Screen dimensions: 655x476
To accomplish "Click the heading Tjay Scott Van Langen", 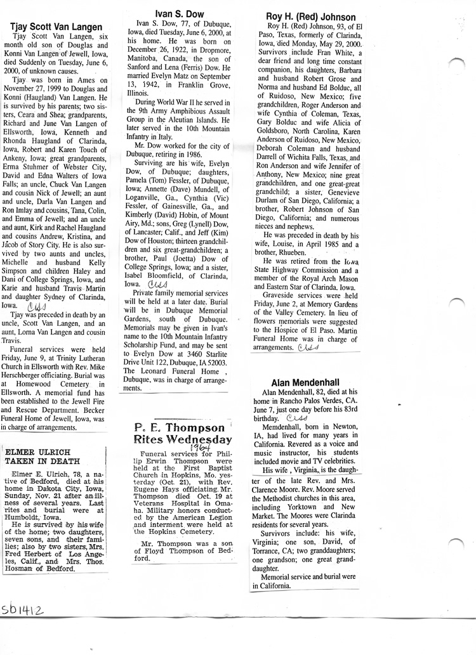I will click(x=56, y=27).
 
